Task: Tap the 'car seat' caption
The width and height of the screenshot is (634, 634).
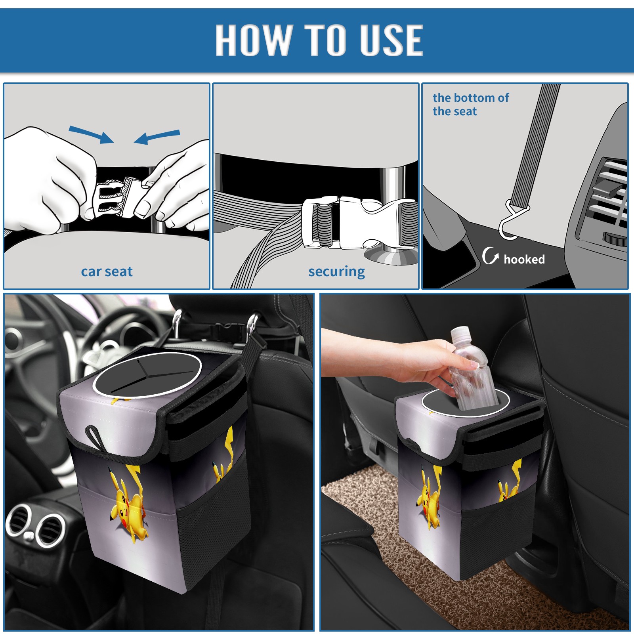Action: (x=107, y=272)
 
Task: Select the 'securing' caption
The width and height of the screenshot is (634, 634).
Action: (x=336, y=272)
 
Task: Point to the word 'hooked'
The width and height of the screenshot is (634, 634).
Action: (x=524, y=259)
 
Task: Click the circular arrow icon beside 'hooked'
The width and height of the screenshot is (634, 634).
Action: (x=491, y=256)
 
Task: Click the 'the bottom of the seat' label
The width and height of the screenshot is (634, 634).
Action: (x=471, y=104)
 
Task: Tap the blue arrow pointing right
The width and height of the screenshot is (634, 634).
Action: (x=92, y=134)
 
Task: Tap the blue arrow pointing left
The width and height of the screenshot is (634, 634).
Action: (x=157, y=137)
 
